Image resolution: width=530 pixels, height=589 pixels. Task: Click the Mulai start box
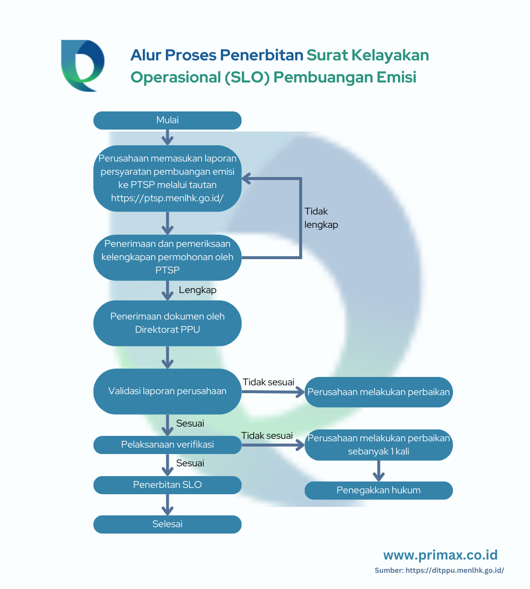167,120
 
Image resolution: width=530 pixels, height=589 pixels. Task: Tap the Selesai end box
167,524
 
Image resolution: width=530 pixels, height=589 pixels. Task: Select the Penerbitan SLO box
167,485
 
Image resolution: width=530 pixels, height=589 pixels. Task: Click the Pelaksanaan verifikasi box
167,445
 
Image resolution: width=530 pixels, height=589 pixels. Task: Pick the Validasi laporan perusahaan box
167,391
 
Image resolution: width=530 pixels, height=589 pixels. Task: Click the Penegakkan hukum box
378,490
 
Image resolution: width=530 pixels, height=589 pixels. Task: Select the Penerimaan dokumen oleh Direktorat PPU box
167,323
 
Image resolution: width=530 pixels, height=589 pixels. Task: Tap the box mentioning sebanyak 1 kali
378,445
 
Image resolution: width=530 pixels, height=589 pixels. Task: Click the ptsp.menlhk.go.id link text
167,198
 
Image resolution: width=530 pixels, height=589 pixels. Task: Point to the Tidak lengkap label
321,218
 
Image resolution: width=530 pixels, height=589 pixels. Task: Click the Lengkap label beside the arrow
198,290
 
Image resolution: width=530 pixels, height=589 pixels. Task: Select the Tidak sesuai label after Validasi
268,382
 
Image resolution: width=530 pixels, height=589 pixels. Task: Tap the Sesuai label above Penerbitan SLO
190,463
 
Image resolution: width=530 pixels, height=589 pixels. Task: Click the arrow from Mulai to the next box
167,137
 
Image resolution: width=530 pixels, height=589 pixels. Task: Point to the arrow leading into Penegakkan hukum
378,471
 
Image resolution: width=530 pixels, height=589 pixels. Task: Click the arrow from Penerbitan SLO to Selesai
167,505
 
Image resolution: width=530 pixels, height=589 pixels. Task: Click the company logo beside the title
83,66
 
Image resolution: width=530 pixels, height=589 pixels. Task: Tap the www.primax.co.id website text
441,555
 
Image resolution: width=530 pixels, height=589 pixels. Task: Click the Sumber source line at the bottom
439,570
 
